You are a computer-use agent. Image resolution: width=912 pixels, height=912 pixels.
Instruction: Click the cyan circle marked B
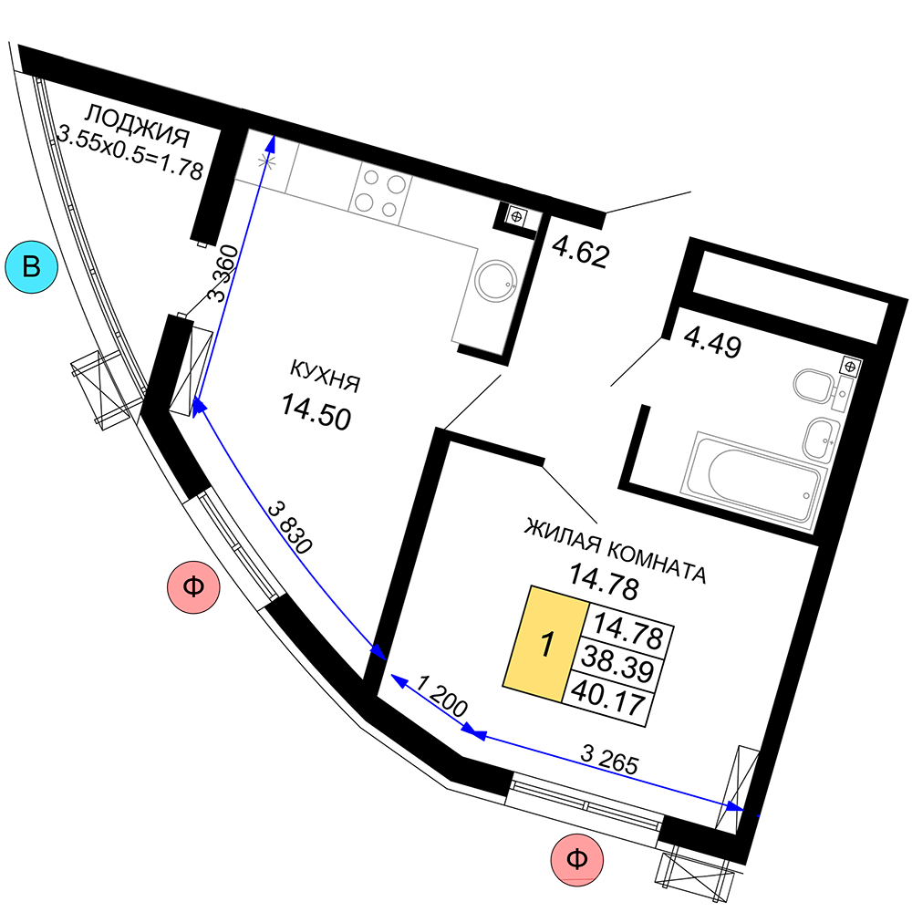pyautogui.click(x=31, y=267)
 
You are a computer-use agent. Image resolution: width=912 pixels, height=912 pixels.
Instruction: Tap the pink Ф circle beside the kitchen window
pyautogui.click(x=193, y=586)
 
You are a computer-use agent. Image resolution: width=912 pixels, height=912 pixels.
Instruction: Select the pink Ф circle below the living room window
pyautogui.click(x=577, y=860)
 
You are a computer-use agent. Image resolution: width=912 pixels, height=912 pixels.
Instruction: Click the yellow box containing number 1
pyautogui.click(x=545, y=644)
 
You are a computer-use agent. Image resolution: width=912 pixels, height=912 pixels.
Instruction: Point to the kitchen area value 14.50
pyautogui.click(x=316, y=412)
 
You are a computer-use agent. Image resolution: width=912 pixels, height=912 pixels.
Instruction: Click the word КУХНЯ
pyautogui.click(x=326, y=376)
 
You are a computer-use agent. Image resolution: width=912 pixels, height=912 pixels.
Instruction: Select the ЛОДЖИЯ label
pyautogui.click(x=138, y=126)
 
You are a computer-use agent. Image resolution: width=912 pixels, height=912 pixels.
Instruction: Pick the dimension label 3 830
pyautogui.click(x=290, y=527)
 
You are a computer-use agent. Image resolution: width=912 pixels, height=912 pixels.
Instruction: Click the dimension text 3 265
pyautogui.click(x=609, y=759)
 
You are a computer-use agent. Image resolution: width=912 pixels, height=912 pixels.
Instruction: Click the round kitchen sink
pyautogui.click(x=495, y=280)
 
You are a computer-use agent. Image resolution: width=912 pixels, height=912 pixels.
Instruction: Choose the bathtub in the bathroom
pyautogui.click(x=754, y=475)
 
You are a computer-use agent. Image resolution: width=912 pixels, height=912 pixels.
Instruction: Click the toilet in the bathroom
pyautogui.click(x=816, y=386)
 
